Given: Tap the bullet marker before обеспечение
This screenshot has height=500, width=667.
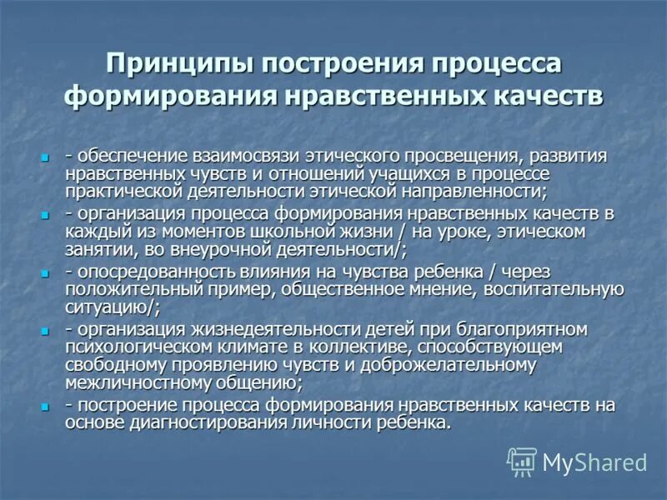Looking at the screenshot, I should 48,157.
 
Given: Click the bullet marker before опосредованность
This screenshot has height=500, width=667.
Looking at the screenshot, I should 48,272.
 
